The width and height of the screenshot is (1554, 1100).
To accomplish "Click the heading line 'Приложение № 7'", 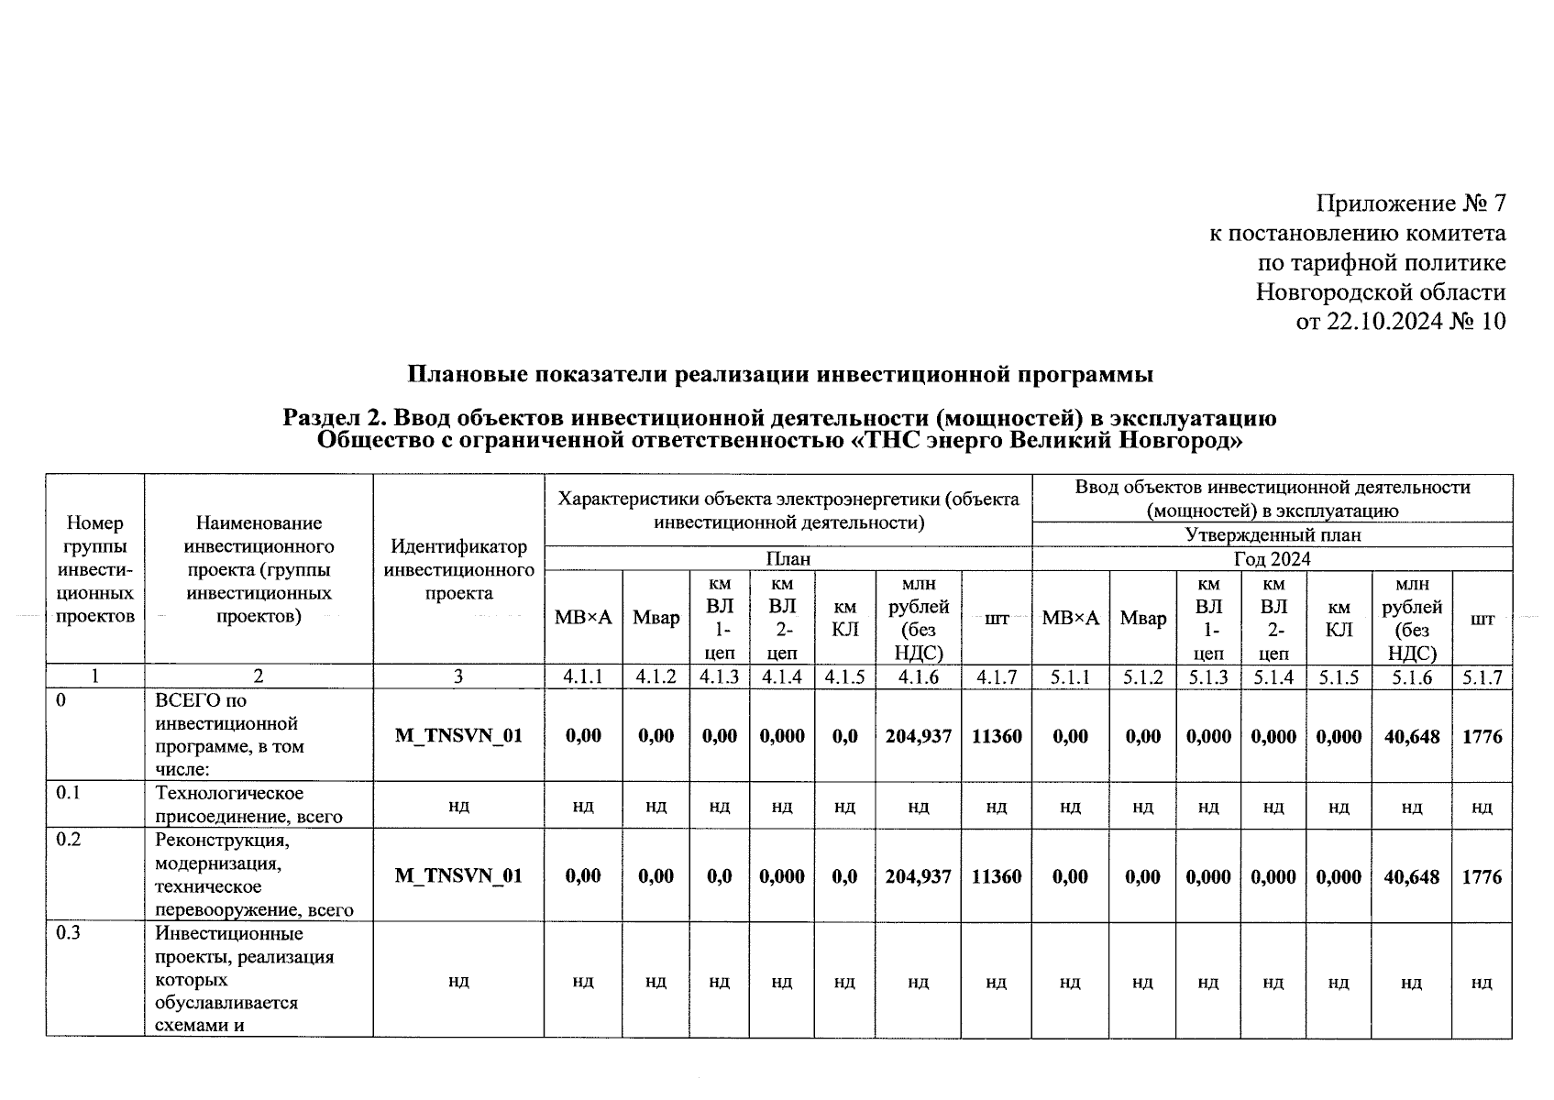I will click(1410, 203).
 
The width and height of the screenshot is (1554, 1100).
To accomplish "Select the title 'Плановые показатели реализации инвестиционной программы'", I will click(780, 375).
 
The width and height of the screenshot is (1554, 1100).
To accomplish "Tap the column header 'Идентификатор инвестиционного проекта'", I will click(458, 569).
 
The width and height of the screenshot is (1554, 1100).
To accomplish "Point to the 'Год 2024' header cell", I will click(1272, 558).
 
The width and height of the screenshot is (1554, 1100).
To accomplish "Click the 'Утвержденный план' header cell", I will click(1272, 534).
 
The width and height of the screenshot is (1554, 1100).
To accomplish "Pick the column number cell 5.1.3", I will click(1208, 676).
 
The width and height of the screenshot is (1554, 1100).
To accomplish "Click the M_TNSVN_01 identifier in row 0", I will click(458, 735).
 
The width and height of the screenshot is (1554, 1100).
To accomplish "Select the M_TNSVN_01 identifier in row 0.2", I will click(458, 875).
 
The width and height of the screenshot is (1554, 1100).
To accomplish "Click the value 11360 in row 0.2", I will click(997, 875).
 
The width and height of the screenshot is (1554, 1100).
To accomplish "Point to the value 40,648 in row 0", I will click(1412, 735).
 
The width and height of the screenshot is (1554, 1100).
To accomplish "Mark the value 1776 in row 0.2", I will click(1482, 875).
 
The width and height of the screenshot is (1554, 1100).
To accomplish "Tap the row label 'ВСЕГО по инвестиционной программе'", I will click(229, 735).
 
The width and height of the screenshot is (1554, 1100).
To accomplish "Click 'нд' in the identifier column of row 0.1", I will click(458, 806).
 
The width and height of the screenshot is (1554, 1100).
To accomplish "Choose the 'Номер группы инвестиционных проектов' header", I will click(95, 569).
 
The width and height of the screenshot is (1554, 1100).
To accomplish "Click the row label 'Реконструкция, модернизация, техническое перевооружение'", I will click(254, 874).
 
